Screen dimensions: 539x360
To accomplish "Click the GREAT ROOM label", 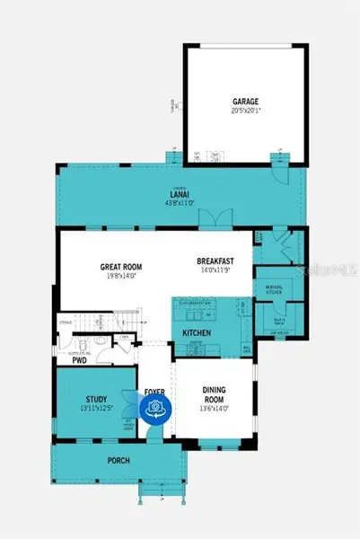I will point(120,267).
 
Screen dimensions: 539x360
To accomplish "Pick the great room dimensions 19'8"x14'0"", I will point(120,277).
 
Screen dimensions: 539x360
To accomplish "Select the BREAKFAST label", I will point(216,261).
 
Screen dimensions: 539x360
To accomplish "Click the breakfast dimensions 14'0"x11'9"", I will point(216,270).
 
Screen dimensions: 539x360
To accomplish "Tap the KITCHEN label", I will point(198,332).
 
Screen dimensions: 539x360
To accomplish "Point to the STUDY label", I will point(97,399).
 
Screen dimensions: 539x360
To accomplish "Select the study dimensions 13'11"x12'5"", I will point(97,409).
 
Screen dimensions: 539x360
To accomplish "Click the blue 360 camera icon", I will point(156,409).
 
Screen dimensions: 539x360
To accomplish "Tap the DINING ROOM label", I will point(214,395).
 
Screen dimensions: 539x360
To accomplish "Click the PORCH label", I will point(118,461).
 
